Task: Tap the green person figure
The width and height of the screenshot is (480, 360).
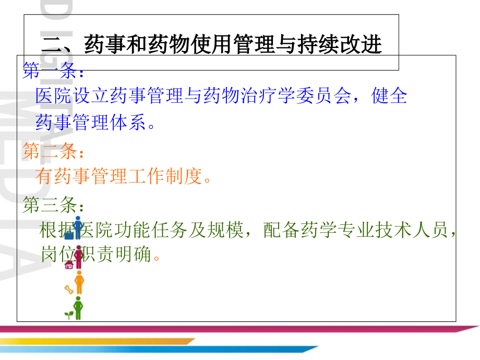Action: [78, 308]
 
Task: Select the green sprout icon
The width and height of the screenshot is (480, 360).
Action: [68, 314]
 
